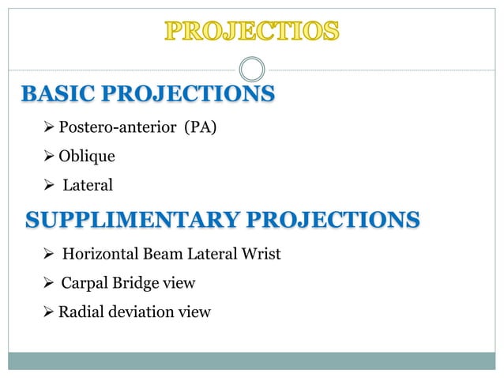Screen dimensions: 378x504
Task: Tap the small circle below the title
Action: click(252, 68)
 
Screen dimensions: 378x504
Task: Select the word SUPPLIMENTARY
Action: click(126, 219)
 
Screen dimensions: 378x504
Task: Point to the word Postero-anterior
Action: click(117, 127)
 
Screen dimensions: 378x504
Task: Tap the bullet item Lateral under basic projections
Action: click(88, 186)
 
